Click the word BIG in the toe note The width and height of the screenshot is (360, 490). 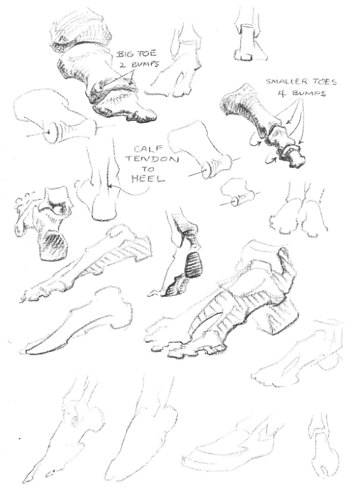click(125, 54)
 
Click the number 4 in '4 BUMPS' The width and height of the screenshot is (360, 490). click(282, 93)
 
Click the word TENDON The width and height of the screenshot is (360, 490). click(152, 159)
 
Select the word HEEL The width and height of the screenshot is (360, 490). click(148, 179)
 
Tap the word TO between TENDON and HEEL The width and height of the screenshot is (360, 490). click(149, 169)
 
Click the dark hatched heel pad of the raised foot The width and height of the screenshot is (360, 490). click(193, 264)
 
